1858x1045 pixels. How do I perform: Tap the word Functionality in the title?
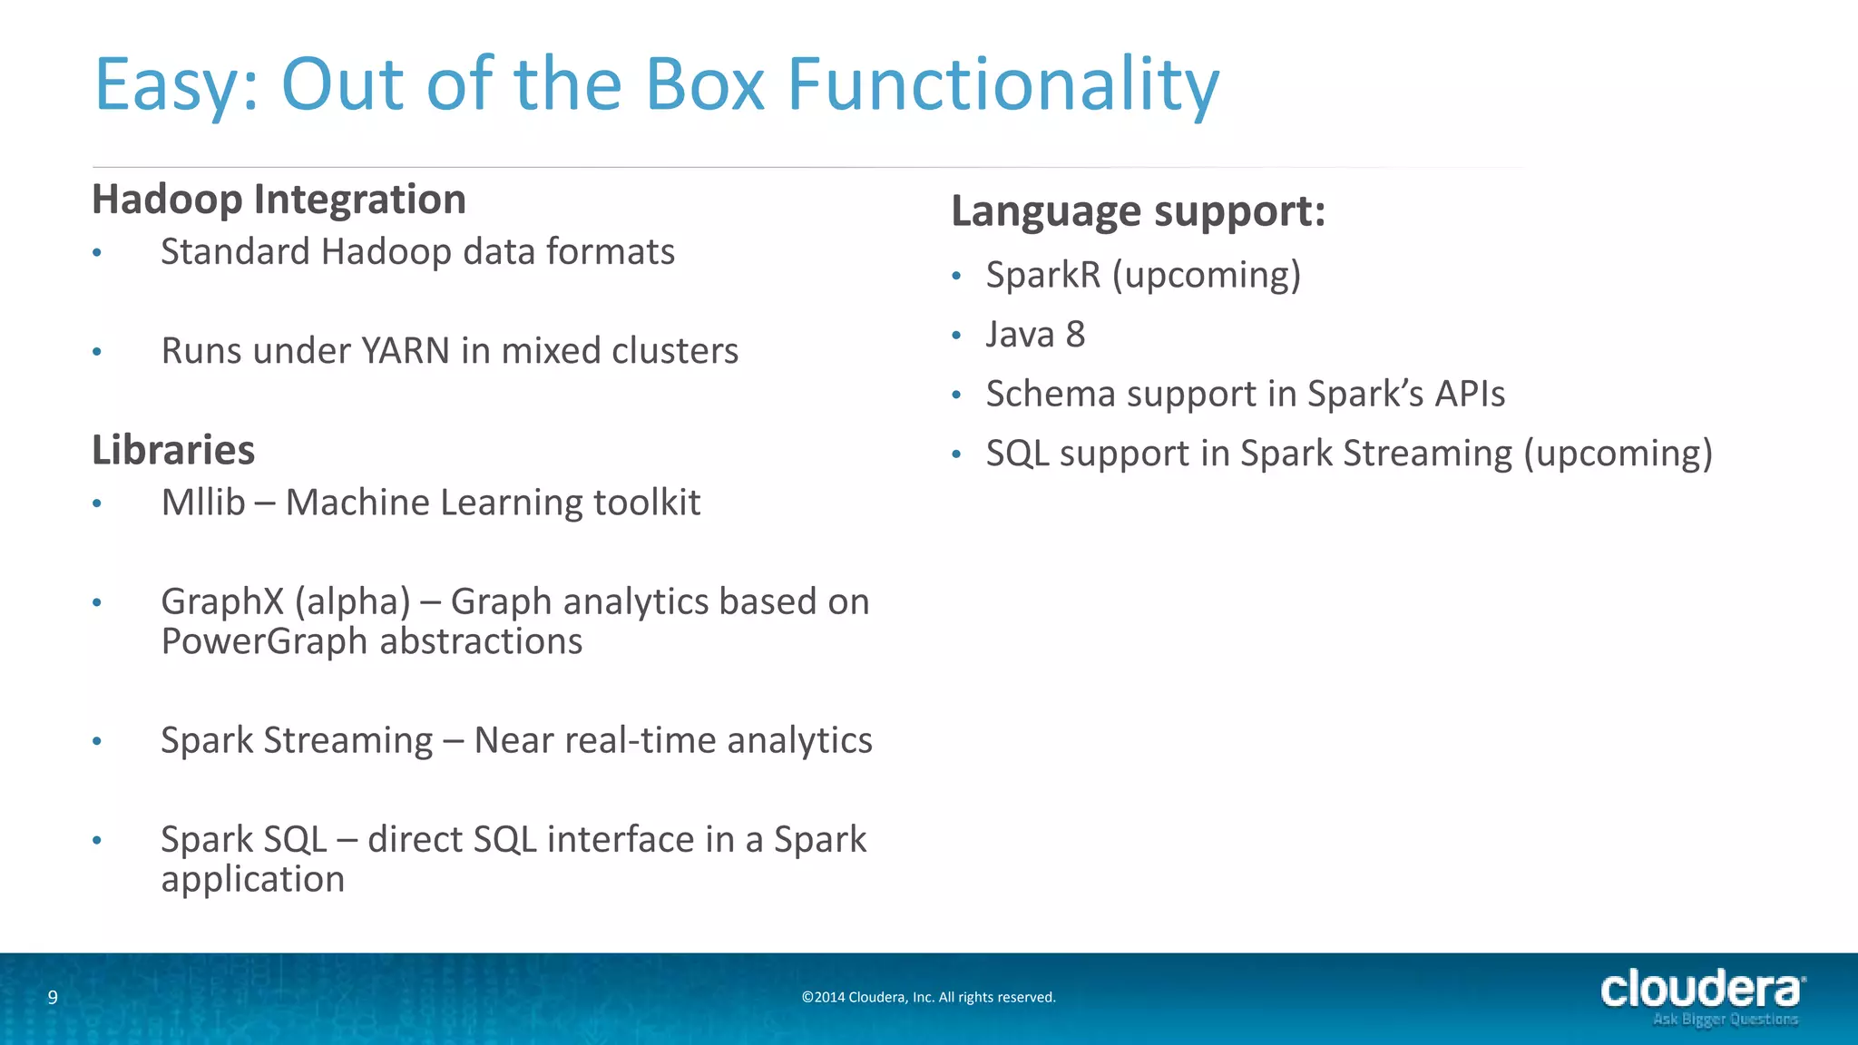[x=1002, y=85]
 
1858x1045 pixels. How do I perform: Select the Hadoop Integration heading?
[x=279, y=200]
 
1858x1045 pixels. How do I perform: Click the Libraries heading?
[x=173, y=450]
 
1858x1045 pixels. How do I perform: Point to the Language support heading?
[x=1138, y=211]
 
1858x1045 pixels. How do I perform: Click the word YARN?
[x=405, y=351]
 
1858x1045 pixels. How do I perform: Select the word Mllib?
[x=203, y=503]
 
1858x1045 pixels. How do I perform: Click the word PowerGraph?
[x=265, y=642]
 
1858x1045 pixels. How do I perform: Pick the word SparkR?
[x=1043, y=275]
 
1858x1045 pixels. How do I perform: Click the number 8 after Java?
[x=1075, y=335]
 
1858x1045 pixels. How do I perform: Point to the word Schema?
[x=1050, y=395]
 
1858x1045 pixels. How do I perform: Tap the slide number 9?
[x=53, y=998]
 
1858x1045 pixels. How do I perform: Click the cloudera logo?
[x=1702, y=990]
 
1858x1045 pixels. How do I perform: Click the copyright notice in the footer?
[x=928, y=998]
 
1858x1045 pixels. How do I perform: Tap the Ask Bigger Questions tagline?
[x=1725, y=1021]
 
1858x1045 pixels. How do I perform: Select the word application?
[x=252, y=880]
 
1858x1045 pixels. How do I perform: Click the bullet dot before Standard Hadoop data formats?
[x=97, y=253]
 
